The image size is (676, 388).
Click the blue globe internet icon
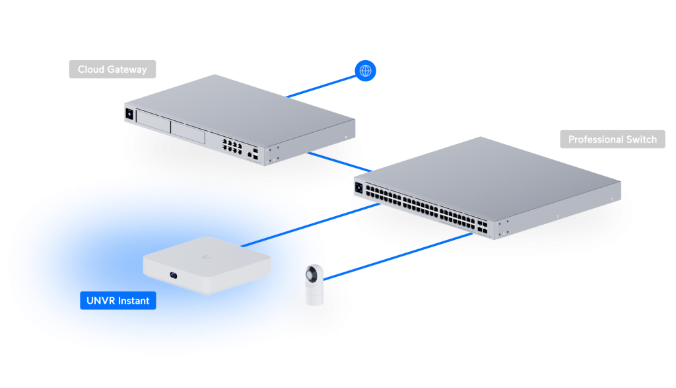pos(365,71)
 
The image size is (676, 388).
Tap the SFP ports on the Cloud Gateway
pos(254,155)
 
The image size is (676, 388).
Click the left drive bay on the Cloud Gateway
pos(152,122)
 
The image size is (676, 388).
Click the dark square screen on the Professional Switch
pos(359,186)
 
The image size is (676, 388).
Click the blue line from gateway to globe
pos(323,85)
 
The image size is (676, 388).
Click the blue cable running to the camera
pos(396,252)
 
